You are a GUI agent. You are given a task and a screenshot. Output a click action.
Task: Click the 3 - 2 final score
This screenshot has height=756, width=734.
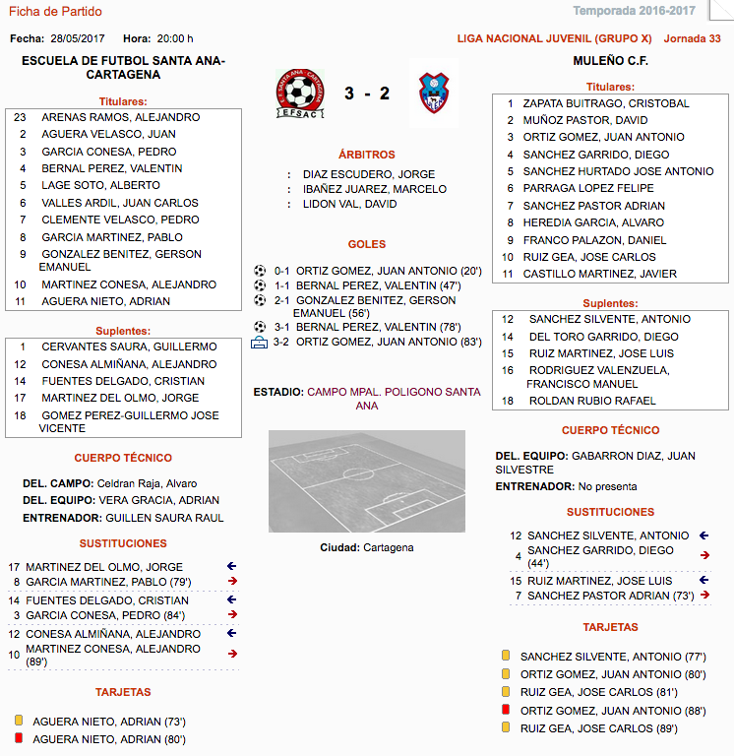[367, 94]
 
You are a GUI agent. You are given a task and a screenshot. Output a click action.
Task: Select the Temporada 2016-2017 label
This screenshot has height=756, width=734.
[647, 11]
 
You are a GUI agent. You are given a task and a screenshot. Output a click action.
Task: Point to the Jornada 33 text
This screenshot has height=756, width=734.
[693, 38]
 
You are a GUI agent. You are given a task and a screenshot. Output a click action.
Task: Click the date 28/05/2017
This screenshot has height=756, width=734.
[78, 38]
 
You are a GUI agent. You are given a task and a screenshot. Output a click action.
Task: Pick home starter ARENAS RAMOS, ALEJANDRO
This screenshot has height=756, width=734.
[120, 117]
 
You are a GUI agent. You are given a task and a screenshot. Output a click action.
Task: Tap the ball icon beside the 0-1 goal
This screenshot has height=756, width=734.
[260, 270]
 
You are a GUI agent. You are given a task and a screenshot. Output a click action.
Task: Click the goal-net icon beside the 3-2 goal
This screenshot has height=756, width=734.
[260, 343]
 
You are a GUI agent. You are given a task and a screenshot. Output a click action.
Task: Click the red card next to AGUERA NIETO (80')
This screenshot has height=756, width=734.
[18, 738]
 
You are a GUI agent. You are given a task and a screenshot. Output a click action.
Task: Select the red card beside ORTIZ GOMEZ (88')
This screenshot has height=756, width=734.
[506, 710]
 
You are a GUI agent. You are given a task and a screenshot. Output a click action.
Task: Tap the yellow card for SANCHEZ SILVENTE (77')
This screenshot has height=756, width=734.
[506, 656]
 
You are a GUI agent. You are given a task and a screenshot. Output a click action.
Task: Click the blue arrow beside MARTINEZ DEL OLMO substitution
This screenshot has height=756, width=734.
[231, 566]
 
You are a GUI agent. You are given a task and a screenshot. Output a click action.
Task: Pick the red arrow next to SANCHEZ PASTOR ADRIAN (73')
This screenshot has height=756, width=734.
[703, 596]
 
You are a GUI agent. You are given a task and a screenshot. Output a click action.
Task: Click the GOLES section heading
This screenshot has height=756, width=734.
[367, 244]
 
